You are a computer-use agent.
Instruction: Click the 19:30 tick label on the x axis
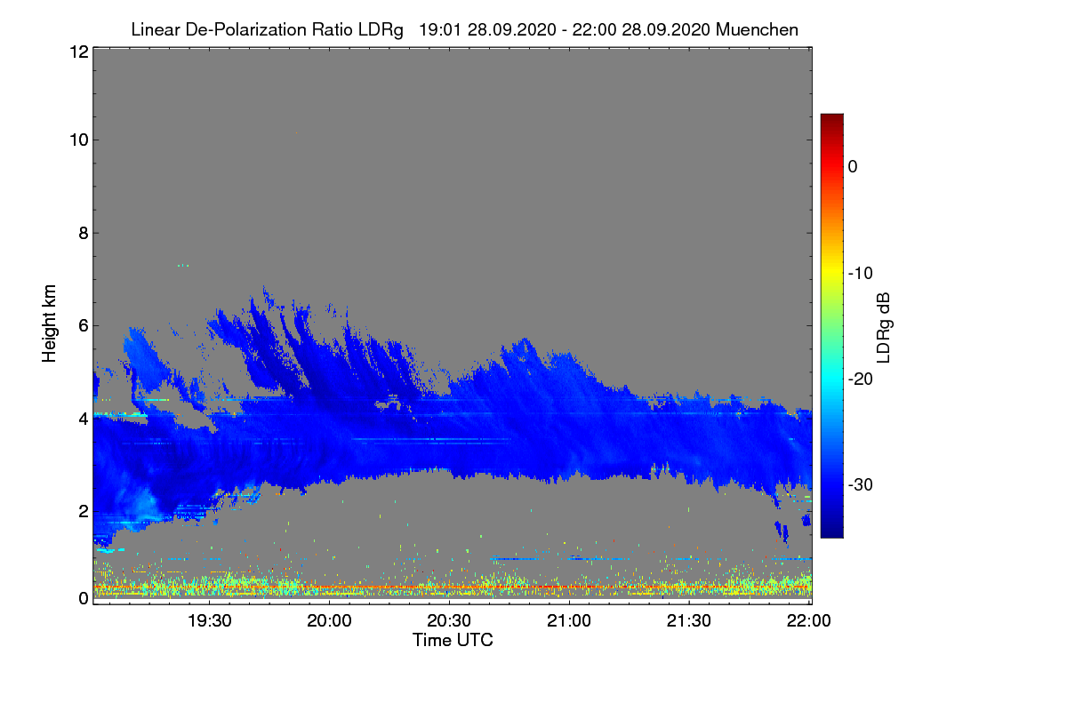pyautogui.click(x=210, y=621)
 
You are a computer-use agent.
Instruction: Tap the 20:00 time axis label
pyautogui.click(x=330, y=621)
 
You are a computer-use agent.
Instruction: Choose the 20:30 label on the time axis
pyautogui.click(x=450, y=621)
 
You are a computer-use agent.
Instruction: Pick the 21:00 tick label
pyautogui.click(x=570, y=621)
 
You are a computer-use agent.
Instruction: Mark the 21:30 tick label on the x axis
pyautogui.click(x=690, y=621)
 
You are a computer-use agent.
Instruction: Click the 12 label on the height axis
pyautogui.click(x=77, y=52)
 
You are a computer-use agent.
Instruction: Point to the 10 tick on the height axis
pyautogui.click(x=77, y=140)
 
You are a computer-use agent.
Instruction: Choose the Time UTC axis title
pyautogui.click(x=453, y=640)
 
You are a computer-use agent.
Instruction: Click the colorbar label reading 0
pyautogui.click(x=853, y=166)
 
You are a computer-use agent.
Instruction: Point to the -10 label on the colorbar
pyautogui.click(x=860, y=273)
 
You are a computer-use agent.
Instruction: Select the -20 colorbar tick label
pyautogui.click(x=860, y=379)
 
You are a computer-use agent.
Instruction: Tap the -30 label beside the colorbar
pyautogui.click(x=860, y=485)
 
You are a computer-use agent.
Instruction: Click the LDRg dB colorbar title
pyautogui.click(x=884, y=326)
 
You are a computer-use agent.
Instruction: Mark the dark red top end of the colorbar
pyautogui.click(x=831, y=119)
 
